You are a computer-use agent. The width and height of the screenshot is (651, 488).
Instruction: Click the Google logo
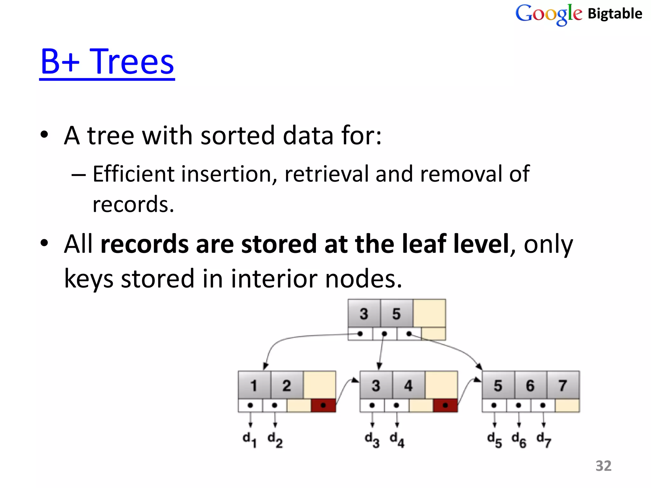(549, 14)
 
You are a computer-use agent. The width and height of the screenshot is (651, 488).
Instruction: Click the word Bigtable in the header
(615, 14)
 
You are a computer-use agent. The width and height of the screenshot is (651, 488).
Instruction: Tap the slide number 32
(603, 466)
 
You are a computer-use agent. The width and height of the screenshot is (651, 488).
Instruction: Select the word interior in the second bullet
(274, 279)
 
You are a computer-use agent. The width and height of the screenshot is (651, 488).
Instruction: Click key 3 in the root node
(364, 314)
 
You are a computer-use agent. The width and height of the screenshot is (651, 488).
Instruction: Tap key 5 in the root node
(396, 314)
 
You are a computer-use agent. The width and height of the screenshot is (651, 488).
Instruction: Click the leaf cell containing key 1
(254, 385)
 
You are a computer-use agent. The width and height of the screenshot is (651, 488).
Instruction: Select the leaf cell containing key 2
(287, 385)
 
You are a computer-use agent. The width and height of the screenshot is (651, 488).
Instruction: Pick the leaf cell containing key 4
(408, 385)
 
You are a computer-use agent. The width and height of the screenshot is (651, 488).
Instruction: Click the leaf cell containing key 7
(563, 385)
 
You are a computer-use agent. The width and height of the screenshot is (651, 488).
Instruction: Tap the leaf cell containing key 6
(530, 385)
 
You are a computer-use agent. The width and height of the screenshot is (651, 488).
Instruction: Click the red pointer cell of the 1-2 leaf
(323, 405)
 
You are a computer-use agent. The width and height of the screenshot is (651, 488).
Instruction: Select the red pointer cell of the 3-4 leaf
(445, 405)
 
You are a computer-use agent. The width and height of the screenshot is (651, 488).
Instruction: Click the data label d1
(250, 440)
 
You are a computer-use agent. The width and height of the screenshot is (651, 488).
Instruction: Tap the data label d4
(397, 440)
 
